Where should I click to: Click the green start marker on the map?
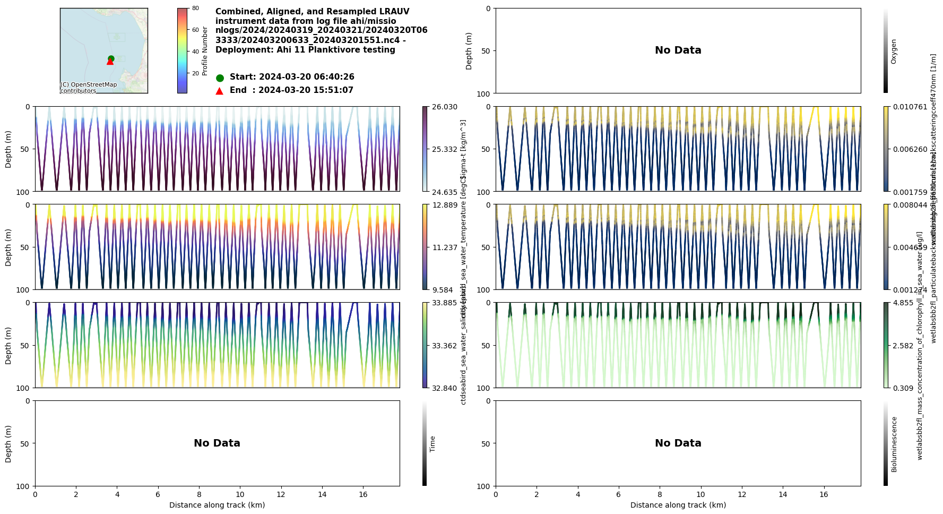pos(111,58)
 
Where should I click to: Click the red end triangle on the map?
pos(110,62)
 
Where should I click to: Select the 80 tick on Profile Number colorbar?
pos(195,8)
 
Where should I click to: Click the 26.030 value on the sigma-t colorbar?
pos(444,107)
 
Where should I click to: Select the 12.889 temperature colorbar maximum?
pos(444,205)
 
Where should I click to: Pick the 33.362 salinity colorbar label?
pos(444,346)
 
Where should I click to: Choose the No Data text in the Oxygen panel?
pos(678,50)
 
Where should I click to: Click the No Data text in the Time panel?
pos(217,443)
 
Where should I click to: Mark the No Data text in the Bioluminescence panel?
pos(678,443)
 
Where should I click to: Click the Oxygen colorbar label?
pos(894,51)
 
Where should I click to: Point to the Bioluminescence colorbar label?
pos(894,444)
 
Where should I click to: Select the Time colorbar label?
pos(432,444)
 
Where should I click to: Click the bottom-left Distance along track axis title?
pos(217,505)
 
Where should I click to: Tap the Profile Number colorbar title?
pos(205,51)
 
